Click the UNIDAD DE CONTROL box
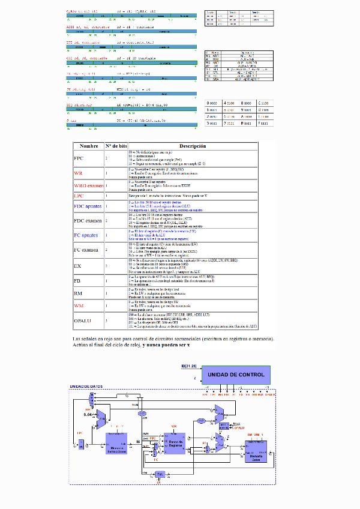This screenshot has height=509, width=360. [x=235, y=375]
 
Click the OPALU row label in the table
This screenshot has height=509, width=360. [x=83, y=321]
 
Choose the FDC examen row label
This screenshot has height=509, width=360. [x=88, y=221]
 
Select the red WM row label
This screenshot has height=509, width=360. [x=78, y=306]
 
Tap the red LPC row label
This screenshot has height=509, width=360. [x=79, y=196]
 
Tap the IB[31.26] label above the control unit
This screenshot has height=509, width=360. [x=188, y=364]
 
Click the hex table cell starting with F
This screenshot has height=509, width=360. [x=263, y=122]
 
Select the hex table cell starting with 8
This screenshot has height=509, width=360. [x=247, y=122]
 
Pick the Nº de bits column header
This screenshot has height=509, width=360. [x=116, y=146]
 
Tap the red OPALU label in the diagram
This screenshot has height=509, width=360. [x=239, y=428]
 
